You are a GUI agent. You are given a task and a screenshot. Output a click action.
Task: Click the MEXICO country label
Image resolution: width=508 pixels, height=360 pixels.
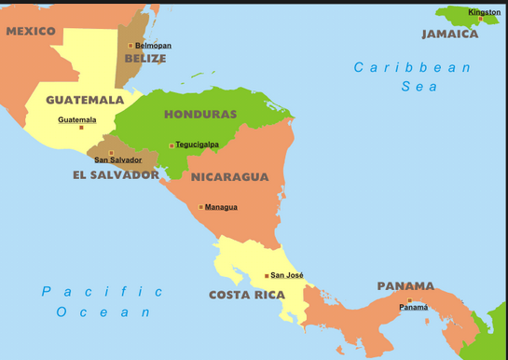coord(31,32)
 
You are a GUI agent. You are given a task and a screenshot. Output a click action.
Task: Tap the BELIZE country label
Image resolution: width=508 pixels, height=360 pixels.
coord(145,59)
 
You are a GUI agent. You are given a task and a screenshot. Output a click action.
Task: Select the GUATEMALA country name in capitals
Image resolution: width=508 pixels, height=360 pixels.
coord(85,100)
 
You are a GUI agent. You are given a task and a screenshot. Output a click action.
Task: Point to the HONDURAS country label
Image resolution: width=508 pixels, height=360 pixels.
coord(200,115)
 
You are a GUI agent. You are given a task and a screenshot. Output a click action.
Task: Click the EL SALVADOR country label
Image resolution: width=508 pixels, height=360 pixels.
coord(116,174)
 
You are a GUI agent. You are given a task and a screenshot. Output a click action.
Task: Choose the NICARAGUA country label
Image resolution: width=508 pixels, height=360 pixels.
coord(229,176)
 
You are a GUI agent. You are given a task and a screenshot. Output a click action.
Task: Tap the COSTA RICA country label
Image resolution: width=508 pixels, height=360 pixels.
coord(247,295)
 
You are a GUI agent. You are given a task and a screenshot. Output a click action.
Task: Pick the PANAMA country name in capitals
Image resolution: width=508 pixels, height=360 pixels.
coord(405,286)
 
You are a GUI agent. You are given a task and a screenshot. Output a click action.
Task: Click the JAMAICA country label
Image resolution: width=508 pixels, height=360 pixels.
coord(450,34)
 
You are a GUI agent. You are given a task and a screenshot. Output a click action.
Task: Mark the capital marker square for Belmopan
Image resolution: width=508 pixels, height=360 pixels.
coord(130,45)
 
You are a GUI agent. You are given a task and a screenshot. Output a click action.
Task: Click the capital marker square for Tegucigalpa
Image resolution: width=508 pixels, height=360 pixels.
coord(172,145)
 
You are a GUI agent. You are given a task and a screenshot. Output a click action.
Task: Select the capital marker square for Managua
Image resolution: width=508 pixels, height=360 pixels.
coord(200,207)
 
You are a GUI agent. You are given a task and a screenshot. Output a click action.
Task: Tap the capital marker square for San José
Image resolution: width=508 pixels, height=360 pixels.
coord(267,275)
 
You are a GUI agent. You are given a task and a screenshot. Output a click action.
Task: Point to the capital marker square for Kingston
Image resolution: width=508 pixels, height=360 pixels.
coord(481,19)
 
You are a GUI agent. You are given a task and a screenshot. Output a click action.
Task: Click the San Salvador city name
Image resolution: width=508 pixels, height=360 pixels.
coord(118,160)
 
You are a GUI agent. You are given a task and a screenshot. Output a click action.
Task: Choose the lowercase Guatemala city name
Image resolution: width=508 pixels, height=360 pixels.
coord(76,119)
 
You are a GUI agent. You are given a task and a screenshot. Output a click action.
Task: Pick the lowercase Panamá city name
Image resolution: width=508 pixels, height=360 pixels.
coord(413,308)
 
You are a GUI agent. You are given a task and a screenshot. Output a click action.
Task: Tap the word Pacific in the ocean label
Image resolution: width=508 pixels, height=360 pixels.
coord(103,292)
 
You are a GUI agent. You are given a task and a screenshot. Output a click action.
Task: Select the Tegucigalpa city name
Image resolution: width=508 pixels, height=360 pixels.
coord(198,145)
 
